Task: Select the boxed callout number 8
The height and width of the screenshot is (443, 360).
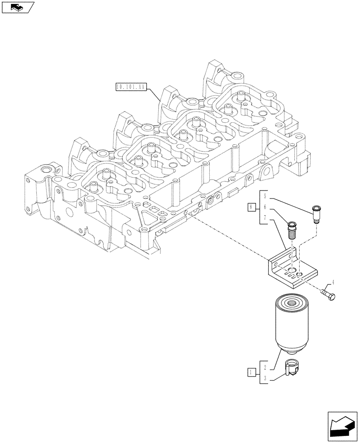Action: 251,207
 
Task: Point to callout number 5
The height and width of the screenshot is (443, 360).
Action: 264,195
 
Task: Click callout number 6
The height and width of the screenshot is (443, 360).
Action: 264,207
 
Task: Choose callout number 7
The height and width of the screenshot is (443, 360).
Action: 264,218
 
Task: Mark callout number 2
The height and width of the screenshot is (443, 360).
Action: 264,367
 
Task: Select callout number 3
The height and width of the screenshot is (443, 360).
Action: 264,378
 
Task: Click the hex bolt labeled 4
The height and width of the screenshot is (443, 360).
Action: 328,294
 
